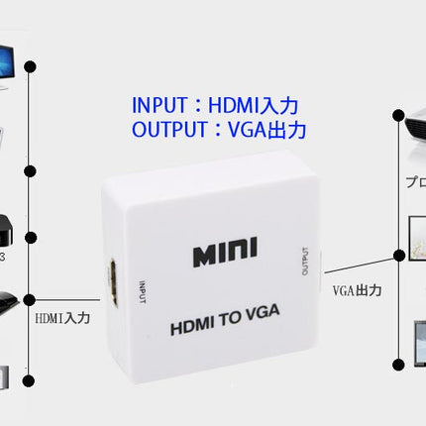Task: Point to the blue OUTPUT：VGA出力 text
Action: (218, 130)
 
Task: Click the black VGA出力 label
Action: (358, 290)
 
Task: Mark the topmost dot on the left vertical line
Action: (30, 66)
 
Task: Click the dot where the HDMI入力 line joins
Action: (30, 298)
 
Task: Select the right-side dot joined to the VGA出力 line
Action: (398, 255)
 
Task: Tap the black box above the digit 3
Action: (8, 226)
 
